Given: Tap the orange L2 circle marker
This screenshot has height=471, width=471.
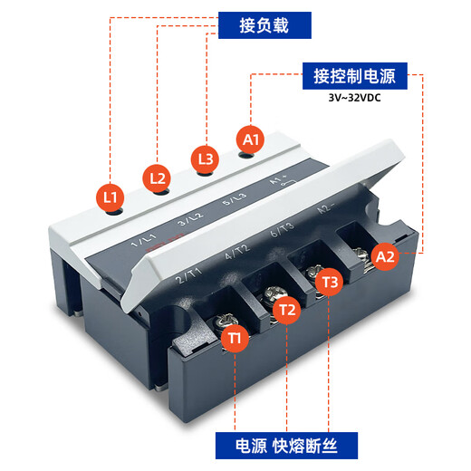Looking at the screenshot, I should click(158, 178).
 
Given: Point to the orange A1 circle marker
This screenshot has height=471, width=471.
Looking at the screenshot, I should click(251, 139).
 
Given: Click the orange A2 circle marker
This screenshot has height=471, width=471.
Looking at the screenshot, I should click(385, 256).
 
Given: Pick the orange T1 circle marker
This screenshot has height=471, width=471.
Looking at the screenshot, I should click(235, 338).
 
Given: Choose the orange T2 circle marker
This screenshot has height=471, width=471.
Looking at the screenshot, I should click(286, 311).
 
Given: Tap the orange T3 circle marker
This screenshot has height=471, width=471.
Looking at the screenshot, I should click(331, 283).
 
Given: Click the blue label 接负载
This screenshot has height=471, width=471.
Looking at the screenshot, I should click(264, 24).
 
